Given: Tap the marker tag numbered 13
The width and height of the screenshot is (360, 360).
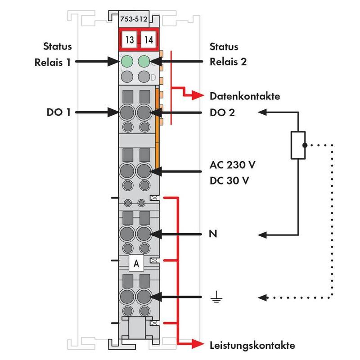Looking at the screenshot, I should (129, 40).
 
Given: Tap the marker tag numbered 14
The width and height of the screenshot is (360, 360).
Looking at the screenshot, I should (148, 40).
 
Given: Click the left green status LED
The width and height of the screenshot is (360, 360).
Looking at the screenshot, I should (127, 61).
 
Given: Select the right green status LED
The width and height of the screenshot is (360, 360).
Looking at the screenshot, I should (144, 61).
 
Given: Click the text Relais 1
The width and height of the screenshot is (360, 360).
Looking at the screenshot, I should (53, 62).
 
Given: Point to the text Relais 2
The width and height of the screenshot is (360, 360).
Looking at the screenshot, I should (228, 62).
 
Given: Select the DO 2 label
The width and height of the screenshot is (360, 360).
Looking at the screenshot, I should (222, 112).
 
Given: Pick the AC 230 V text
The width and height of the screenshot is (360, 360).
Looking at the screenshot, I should (233, 164).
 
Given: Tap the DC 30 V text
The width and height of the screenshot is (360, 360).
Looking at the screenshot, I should (230, 180).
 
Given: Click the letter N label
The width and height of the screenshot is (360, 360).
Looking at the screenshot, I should (213, 234).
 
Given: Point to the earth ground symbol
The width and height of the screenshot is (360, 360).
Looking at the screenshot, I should (216, 297).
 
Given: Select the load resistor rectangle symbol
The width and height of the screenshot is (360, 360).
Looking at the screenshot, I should (298, 145).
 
